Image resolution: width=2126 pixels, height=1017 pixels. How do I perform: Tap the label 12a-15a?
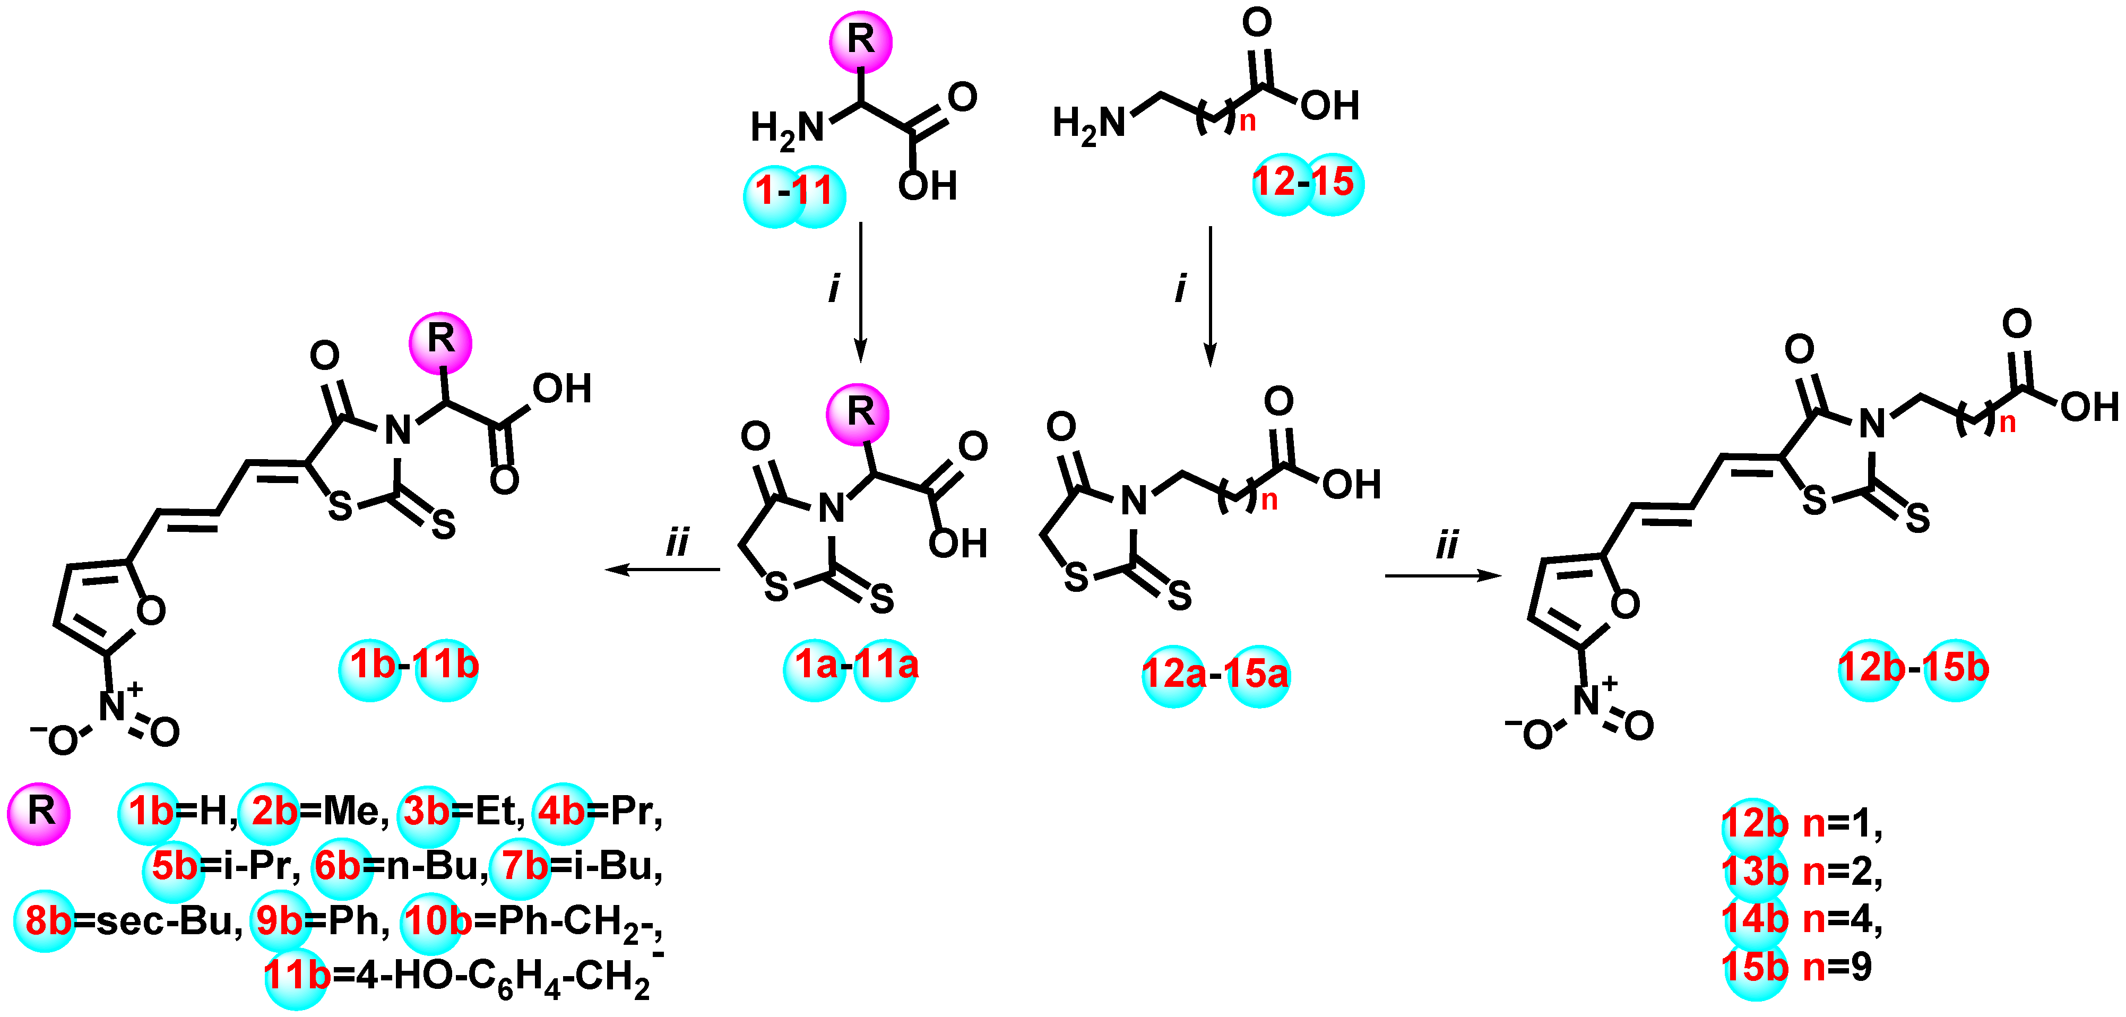tap(1215, 675)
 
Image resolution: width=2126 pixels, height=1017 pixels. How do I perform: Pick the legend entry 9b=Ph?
tap(322, 920)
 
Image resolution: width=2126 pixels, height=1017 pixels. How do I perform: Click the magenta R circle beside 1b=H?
tap(39, 812)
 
